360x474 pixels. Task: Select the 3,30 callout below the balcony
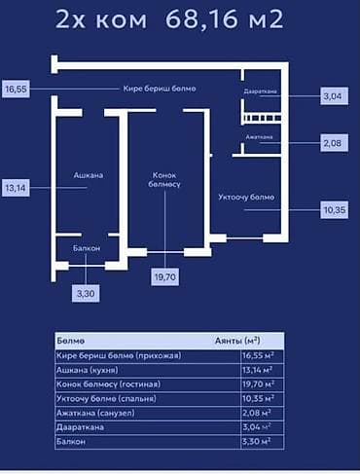click(88, 291)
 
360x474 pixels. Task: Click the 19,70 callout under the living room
click(164, 277)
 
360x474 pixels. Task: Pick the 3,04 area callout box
click(334, 96)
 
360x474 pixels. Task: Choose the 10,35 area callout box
click(334, 209)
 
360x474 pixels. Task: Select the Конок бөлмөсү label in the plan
click(164, 181)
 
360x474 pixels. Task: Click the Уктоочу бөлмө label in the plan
click(246, 199)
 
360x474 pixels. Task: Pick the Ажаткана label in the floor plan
click(259, 137)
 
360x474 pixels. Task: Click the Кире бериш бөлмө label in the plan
click(160, 89)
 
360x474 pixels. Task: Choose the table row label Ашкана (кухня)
click(96, 371)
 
